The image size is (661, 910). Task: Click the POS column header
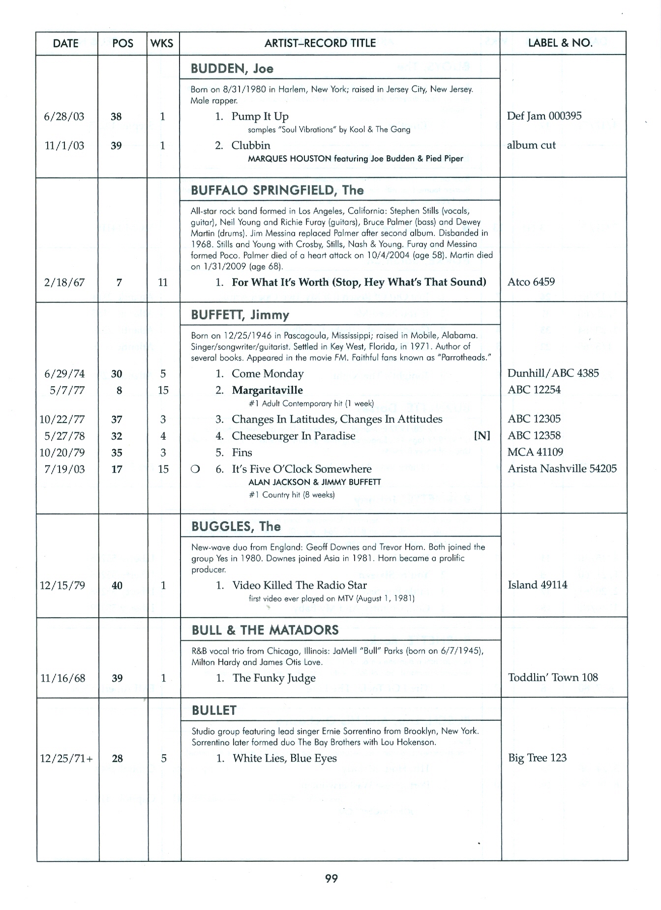coord(122,43)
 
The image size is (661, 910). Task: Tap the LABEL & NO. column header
coord(560,43)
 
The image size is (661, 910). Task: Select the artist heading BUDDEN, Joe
coord(232,68)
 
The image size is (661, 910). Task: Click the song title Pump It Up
coord(260,116)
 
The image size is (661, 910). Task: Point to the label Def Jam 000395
coord(544,116)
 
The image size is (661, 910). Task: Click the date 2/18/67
coord(64,283)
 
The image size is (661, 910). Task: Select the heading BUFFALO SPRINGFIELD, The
coord(277,190)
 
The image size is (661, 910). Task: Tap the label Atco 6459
coord(531,282)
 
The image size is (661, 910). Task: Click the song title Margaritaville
coord(267,390)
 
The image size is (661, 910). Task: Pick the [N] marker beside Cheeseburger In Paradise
coord(481,436)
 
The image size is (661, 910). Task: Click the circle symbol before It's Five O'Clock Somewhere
coord(195,469)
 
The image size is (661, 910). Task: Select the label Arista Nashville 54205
coord(562,469)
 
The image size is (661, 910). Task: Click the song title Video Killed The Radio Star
coord(300,585)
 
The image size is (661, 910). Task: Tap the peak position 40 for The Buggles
coord(117,586)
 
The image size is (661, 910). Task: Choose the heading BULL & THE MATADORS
coord(265,630)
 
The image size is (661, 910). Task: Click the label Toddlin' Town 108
coord(553,678)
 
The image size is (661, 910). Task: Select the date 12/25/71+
coord(66,759)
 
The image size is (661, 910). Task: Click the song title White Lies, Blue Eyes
coord(284,758)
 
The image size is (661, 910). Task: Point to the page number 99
coord(331,879)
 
